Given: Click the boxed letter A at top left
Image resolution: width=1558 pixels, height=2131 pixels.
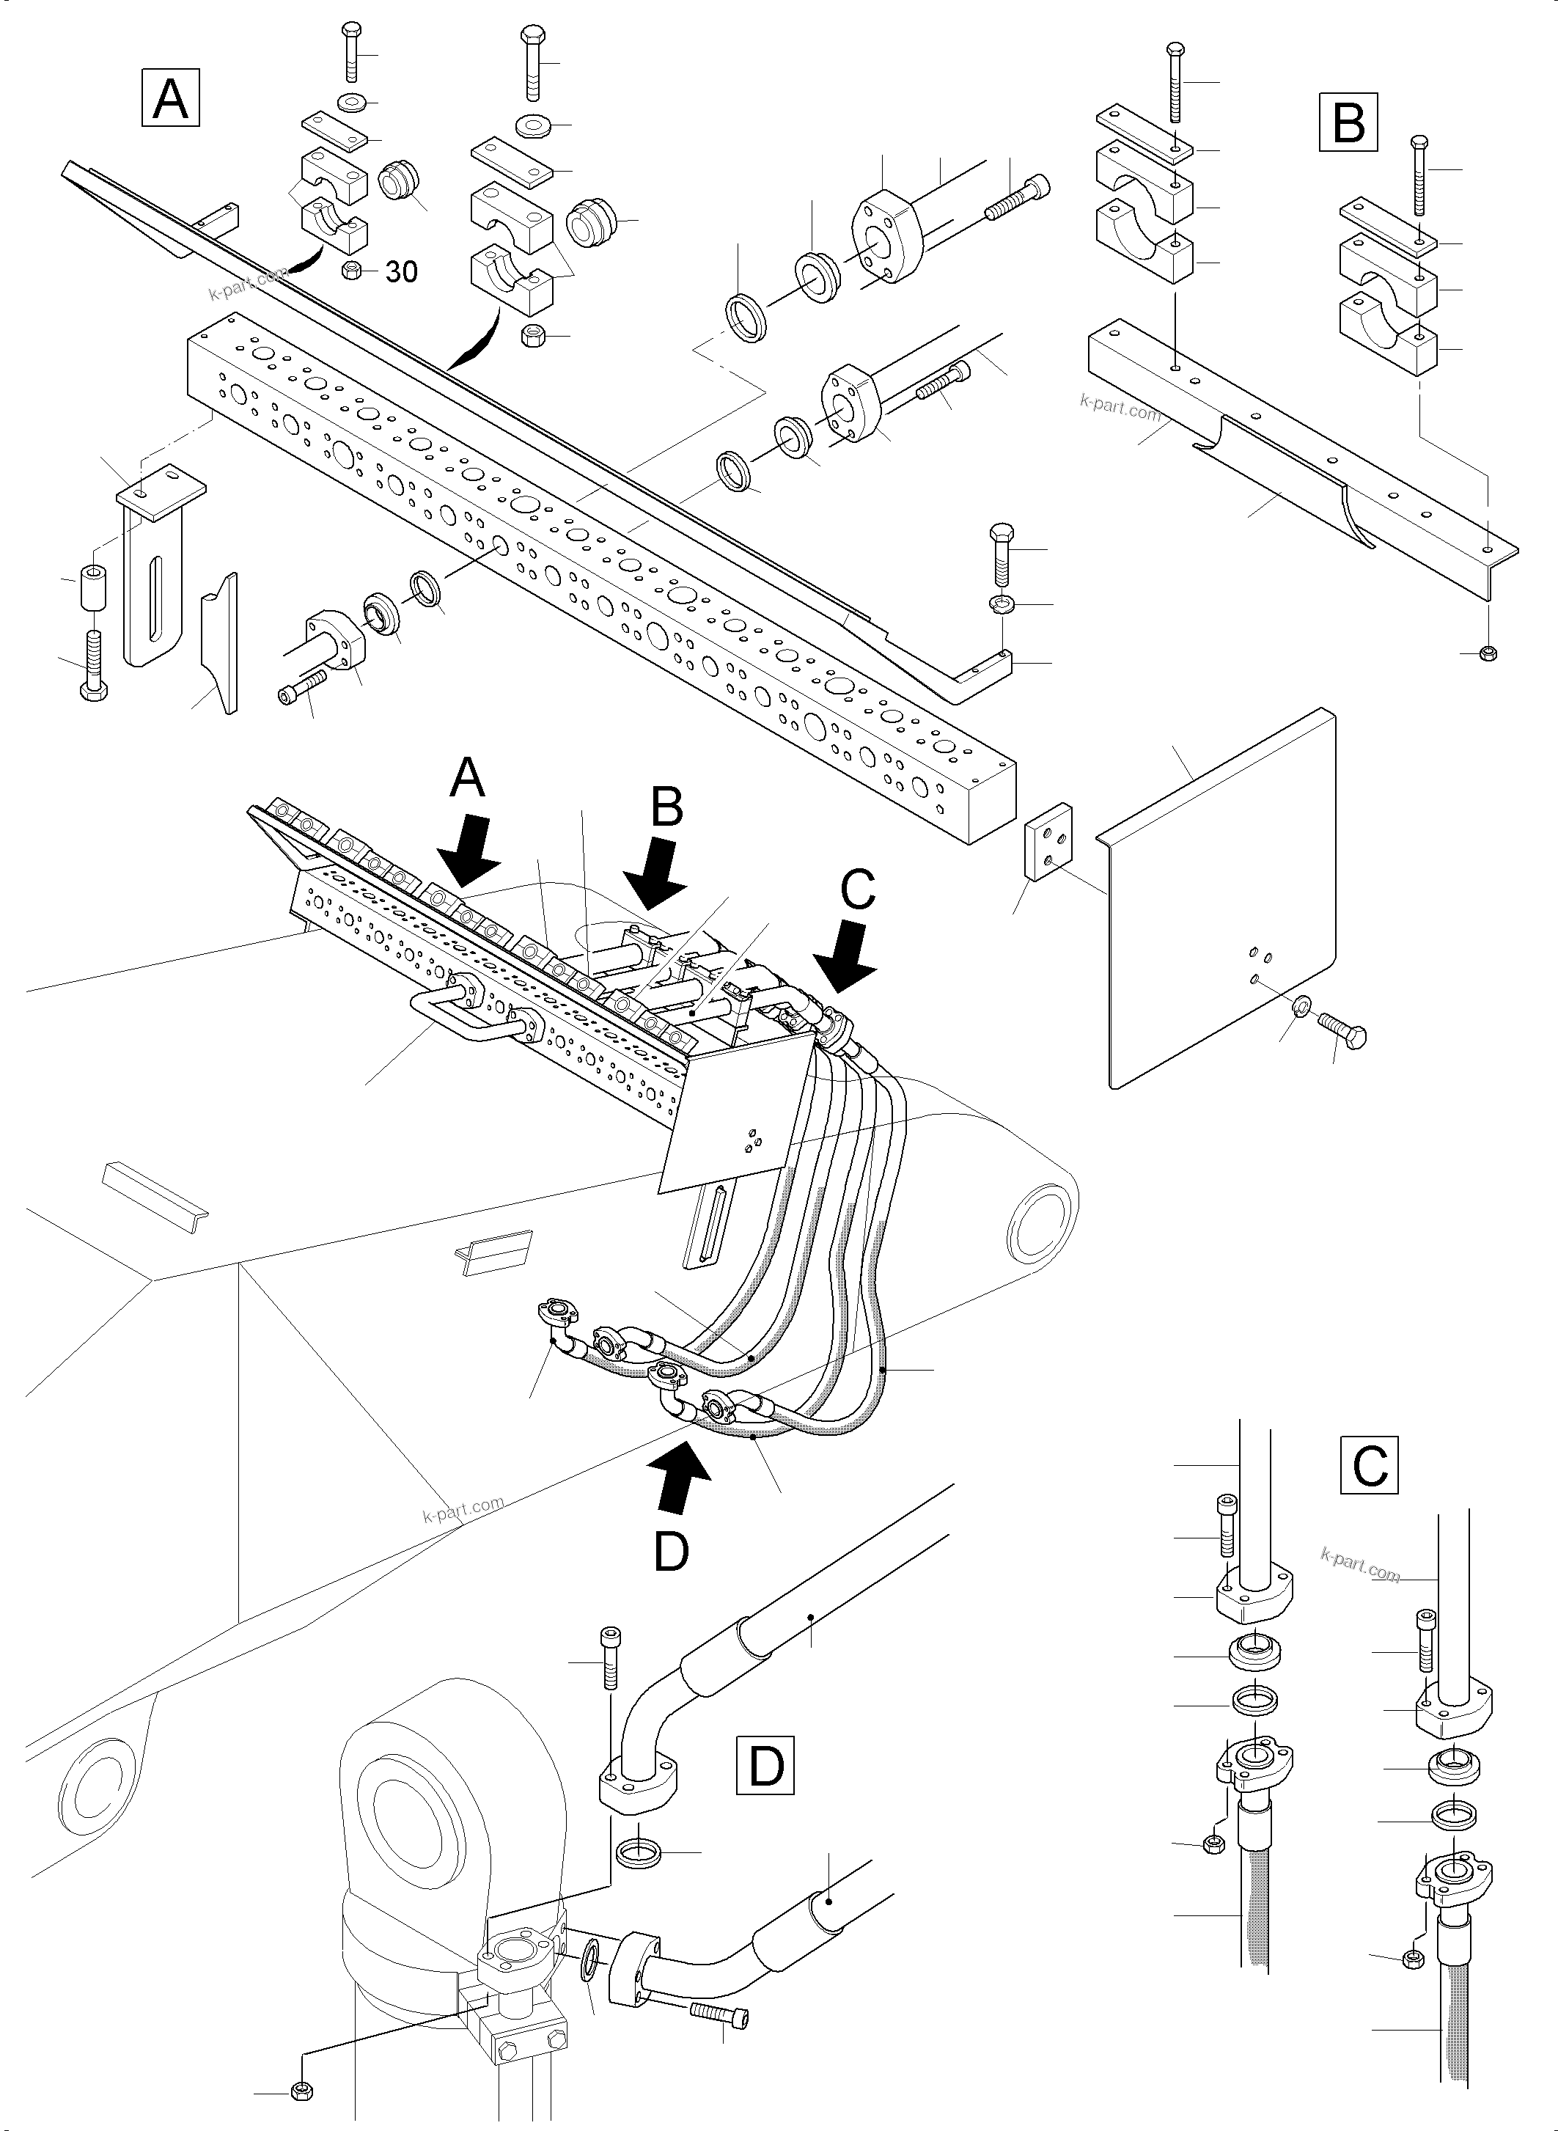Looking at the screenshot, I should pos(170,100).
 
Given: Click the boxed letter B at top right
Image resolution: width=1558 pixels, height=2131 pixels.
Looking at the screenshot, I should pos(1348,122).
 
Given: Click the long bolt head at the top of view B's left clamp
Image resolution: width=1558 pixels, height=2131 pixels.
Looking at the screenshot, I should pos(1174,49).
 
